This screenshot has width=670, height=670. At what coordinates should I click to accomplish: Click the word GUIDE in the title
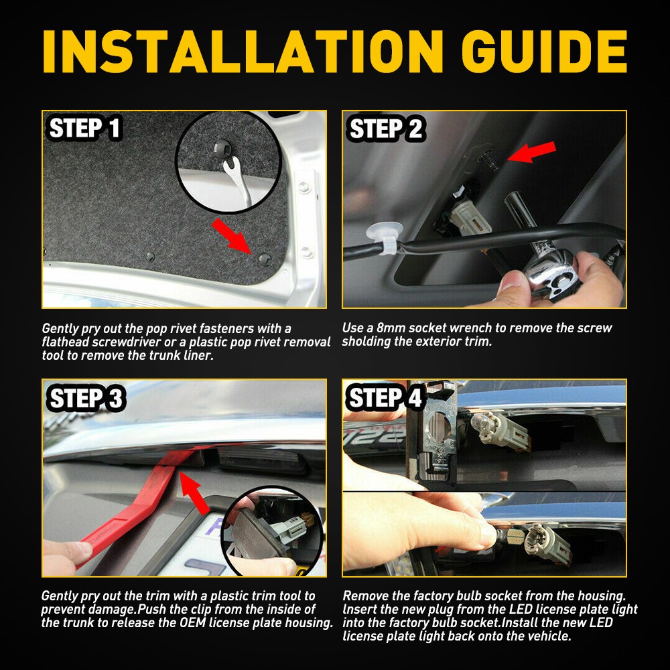point(544,52)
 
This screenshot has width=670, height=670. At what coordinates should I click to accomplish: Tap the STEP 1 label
point(84,128)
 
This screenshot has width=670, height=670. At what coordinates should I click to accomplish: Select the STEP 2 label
point(386,128)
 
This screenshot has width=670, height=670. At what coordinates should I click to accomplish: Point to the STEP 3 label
point(86,398)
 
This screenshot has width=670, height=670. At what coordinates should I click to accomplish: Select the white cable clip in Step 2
point(384,237)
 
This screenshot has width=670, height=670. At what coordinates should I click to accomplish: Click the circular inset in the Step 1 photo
point(229,163)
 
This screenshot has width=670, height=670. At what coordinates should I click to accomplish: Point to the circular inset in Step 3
point(273,533)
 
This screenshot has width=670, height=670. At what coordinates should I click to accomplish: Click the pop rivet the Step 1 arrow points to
point(265,259)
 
